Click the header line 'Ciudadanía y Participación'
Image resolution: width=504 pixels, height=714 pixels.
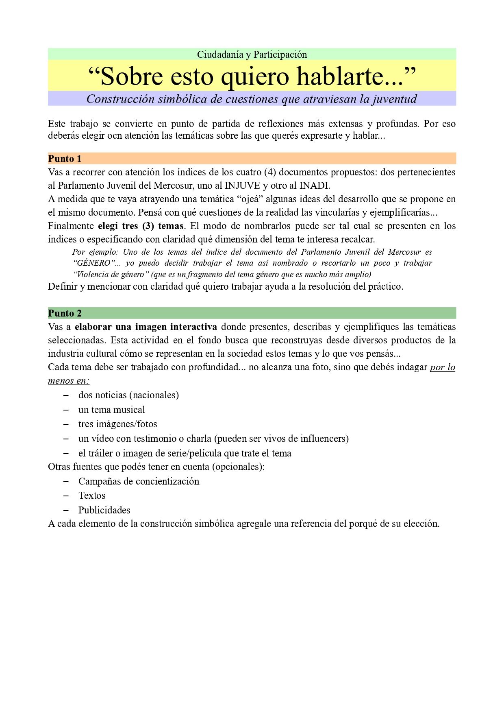(x=252, y=55)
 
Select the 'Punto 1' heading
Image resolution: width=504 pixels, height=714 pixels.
(x=65, y=159)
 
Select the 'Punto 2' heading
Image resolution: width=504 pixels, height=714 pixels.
(x=65, y=313)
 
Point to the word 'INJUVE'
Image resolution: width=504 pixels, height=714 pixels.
(x=242, y=186)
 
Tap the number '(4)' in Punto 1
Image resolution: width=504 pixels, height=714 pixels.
(x=270, y=172)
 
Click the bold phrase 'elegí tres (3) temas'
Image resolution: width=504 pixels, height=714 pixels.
(x=141, y=226)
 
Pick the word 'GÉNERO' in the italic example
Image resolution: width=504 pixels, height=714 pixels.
(x=93, y=263)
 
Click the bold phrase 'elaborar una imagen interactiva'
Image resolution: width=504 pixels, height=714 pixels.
(x=146, y=327)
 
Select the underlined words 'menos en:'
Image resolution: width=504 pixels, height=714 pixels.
(x=68, y=381)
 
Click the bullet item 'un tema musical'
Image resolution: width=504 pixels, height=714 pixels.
(x=111, y=410)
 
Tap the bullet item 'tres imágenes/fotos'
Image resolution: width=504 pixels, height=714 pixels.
(x=117, y=424)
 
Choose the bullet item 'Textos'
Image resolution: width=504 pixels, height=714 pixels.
(x=92, y=496)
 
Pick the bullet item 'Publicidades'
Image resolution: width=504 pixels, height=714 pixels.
(x=104, y=510)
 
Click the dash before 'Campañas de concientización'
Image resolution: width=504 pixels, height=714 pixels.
(x=66, y=481)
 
